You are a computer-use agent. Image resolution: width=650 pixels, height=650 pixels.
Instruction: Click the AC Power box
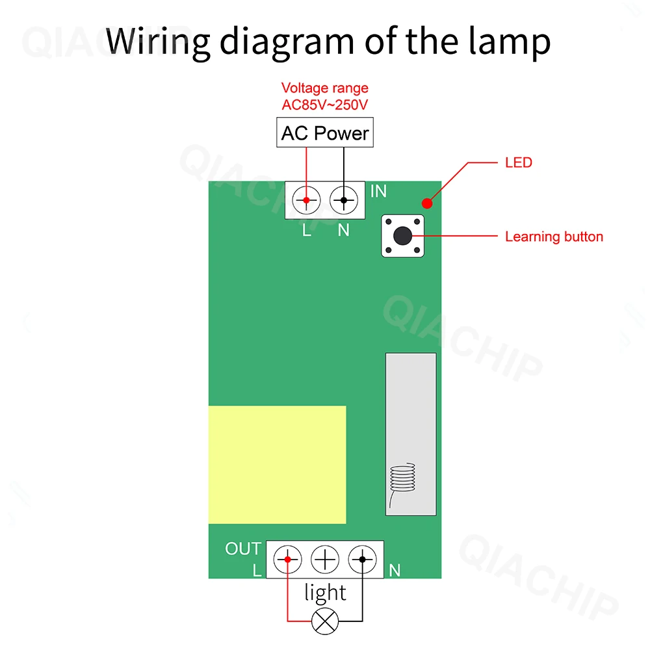point(325,133)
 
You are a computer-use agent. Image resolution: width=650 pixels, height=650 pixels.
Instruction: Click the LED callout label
point(518,162)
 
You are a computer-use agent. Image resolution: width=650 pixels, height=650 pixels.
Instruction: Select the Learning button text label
point(554,237)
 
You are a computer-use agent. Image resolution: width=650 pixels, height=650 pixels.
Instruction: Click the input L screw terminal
point(306,200)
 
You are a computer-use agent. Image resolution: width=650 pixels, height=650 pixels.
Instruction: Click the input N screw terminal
point(343,200)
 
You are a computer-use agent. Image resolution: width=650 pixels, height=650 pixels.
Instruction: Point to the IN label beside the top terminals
point(378,191)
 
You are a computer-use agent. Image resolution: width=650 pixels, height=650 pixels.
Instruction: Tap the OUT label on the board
point(242,549)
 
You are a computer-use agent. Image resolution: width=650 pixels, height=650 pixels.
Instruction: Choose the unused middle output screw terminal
point(325,559)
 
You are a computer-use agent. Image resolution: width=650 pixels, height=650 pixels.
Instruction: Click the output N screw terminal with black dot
point(362,559)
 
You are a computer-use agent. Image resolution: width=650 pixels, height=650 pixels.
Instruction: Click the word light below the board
point(325,592)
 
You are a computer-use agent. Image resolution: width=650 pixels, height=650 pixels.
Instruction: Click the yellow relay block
point(277,465)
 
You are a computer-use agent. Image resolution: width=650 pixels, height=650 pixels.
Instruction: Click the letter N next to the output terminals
point(394,571)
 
